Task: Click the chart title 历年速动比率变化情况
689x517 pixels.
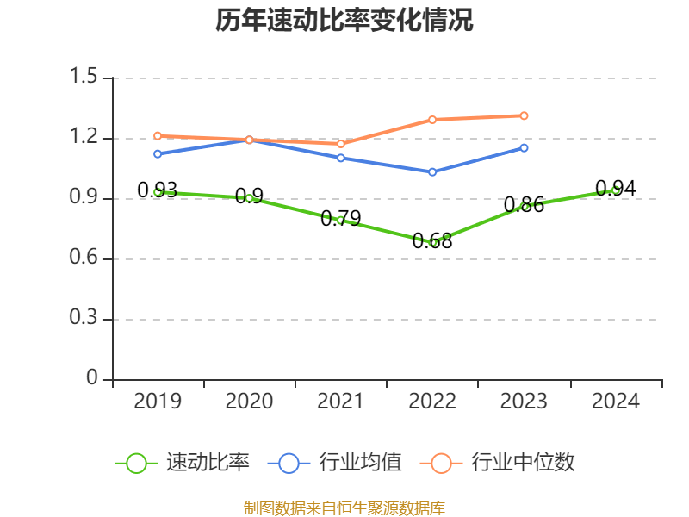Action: click(x=344, y=21)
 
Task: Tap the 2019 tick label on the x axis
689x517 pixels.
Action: click(x=158, y=402)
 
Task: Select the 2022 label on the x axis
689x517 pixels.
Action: click(x=432, y=402)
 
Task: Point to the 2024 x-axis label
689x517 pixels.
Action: click(x=616, y=402)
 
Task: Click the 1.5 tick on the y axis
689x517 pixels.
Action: click(x=84, y=78)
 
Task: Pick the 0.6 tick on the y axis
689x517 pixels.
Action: click(x=84, y=258)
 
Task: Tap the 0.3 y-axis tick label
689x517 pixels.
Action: click(x=84, y=319)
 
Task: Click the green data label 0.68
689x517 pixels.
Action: click(x=432, y=241)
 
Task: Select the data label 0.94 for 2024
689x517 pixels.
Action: click(x=616, y=189)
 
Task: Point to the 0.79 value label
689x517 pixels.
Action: click(x=340, y=219)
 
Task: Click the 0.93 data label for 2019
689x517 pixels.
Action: click(x=158, y=190)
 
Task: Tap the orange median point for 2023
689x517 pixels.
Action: click(x=524, y=115)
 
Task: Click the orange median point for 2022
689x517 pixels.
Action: click(x=432, y=119)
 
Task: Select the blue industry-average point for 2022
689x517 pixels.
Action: click(x=432, y=171)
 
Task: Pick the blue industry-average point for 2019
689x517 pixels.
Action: click(x=158, y=153)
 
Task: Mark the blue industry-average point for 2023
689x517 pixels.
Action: click(x=524, y=147)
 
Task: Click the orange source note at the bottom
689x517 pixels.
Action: click(x=344, y=508)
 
